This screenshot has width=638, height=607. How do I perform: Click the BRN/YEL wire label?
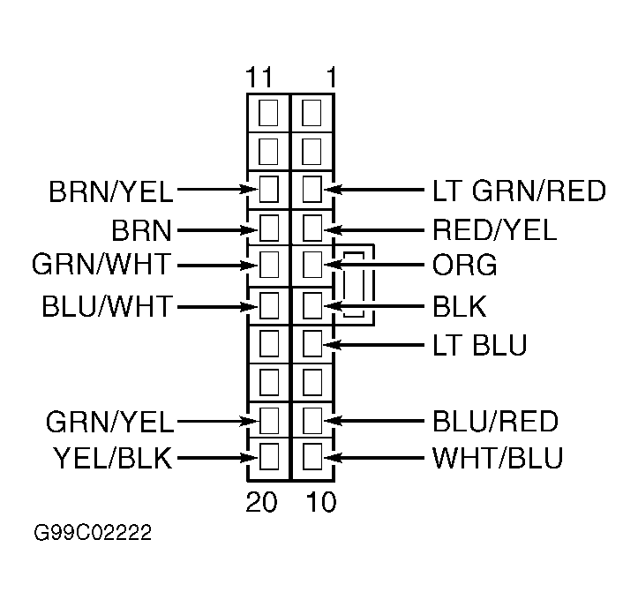coord(110,191)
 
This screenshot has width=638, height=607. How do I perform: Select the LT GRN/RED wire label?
coord(519,191)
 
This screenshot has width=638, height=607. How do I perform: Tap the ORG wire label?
coord(464,265)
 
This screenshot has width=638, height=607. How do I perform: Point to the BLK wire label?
coord(460,306)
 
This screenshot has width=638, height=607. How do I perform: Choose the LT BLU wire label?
coord(480,345)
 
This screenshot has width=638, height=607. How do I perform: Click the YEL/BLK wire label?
coord(113,458)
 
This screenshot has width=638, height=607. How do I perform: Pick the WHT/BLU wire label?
coord(498,458)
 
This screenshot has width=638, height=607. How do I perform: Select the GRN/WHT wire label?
coord(101,264)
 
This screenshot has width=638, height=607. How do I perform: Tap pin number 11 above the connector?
coord(259,78)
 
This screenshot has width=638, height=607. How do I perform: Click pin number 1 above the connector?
coord(332,78)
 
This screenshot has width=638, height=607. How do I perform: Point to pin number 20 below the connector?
coord(261,502)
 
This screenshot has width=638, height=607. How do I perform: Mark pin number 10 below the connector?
coord(321,502)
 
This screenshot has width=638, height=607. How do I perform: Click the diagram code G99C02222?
coord(93,533)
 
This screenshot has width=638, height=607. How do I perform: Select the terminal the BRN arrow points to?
coord(269,229)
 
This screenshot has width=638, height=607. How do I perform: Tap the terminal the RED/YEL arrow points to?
coord(312,229)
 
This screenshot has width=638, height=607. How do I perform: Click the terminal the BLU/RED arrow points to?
coord(312,420)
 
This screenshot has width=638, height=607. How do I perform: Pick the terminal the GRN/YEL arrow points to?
coord(269,420)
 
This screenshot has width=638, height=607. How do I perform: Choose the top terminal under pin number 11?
coord(268,113)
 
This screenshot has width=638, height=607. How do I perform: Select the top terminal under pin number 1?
coord(311,113)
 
